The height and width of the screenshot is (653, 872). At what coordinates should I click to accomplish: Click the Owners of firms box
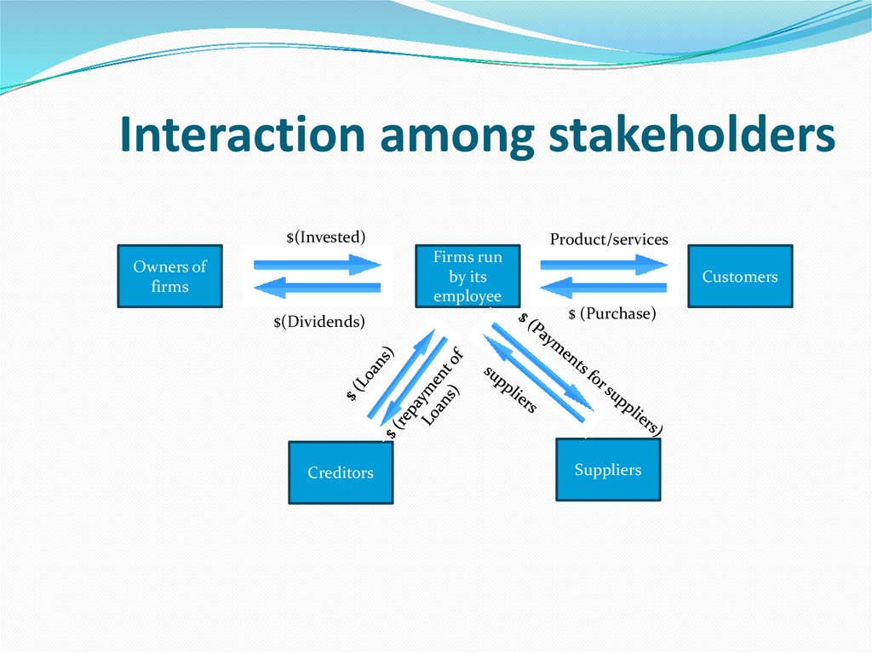(x=169, y=276)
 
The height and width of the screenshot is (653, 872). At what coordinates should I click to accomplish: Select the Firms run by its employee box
(x=468, y=276)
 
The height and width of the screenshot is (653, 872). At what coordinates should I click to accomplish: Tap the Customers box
(x=739, y=276)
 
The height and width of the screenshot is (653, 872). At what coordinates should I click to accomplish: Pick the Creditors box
(x=341, y=472)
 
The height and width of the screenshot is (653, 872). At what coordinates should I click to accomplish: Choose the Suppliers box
(x=607, y=469)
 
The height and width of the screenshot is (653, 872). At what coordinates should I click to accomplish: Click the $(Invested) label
(x=325, y=237)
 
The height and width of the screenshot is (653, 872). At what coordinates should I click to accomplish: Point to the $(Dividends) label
(x=318, y=321)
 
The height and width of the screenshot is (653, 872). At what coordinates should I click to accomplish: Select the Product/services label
(x=609, y=239)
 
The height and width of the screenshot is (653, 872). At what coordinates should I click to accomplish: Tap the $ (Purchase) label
(x=611, y=313)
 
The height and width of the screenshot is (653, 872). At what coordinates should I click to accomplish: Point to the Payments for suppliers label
(x=590, y=374)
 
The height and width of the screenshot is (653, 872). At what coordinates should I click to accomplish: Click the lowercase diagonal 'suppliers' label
(x=510, y=389)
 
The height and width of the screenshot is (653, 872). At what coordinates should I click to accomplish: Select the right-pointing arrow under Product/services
(x=604, y=265)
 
